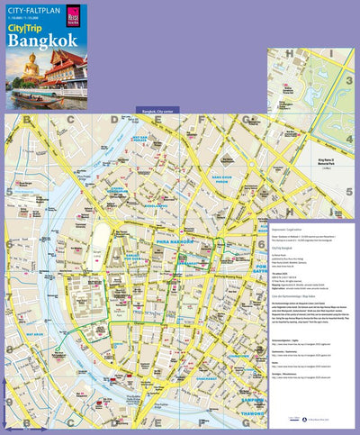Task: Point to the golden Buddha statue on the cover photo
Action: [x=31, y=65]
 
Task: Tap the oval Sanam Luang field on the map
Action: [x=101, y=247]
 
